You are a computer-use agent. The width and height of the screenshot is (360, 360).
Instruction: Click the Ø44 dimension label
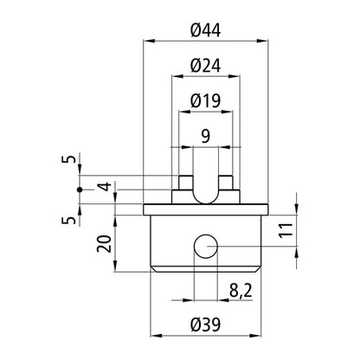pos(206,29)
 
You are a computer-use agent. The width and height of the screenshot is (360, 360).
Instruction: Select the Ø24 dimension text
pos(206,65)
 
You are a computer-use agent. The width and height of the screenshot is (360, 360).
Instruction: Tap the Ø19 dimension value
pos(206,101)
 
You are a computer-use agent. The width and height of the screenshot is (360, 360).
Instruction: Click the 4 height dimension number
pos(103,187)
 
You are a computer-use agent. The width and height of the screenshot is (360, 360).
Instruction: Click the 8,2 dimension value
pos(240,292)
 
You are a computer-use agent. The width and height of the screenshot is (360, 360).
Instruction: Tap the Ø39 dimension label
pos(206,325)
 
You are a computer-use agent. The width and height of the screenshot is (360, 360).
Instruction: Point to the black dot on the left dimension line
pos(79,189)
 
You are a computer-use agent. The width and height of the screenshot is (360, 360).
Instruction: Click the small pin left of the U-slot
pos(183,183)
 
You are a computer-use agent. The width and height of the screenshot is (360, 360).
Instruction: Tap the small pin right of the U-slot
pos(227,183)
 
